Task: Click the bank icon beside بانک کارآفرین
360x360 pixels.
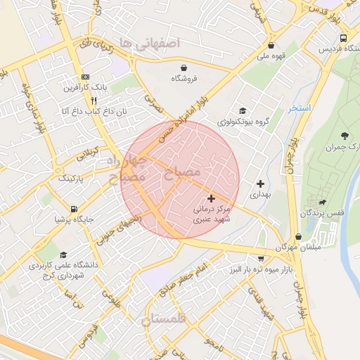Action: point(86,77)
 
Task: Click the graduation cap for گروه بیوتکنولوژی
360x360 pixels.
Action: point(243,110)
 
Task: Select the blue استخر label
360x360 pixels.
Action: point(301,109)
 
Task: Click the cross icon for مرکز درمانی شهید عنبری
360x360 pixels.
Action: point(212,199)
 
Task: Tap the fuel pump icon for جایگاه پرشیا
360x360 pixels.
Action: point(74,208)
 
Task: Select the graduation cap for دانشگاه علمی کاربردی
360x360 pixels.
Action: point(63,255)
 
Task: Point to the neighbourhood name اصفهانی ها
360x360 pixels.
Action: point(150,43)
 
